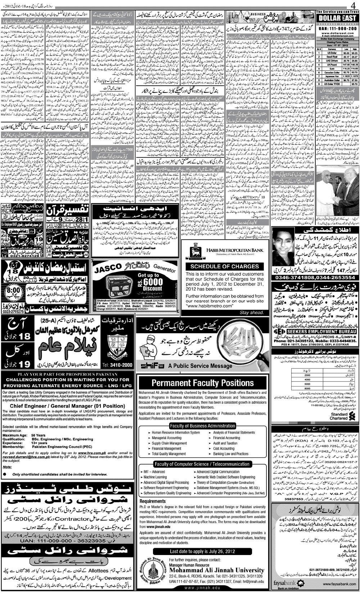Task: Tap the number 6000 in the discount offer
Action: tap(153, 281)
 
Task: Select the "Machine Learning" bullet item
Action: tap(155, 477)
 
